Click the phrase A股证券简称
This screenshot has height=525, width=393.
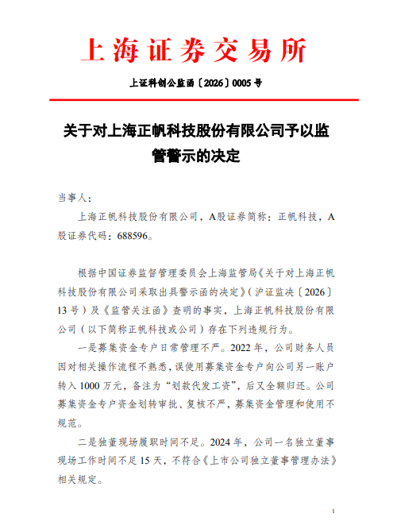pos(236,216)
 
